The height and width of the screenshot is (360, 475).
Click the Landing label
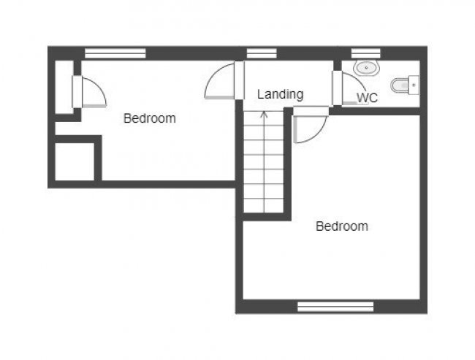pyautogui.click(x=280, y=94)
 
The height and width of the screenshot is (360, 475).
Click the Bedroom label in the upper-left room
pyautogui.click(x=149, y=118)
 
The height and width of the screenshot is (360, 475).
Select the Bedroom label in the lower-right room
pyautogui.click(x=341, y=226)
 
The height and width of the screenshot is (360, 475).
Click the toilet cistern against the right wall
pyautogui.click(x=414, y=85)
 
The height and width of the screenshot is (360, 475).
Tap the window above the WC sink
pyautogui.click(x=365, y=53)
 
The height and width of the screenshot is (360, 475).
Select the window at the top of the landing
pyautogui.click(x=261, y=53)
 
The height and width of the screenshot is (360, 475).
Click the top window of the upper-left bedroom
pyautogui.click(x=115, y=53)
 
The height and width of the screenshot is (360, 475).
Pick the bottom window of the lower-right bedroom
pyautogui.click(x=335, y=307)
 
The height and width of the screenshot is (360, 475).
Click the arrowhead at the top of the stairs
pyautogui.click(x=264, y=115)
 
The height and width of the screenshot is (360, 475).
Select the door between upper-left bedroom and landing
pyautogui.click(x=220, y=82)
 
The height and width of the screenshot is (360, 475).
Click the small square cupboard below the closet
pyautogui.click(x=75, y=161)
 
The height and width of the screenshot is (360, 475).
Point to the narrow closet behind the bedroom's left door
pyautogui.click(x=64, y=87)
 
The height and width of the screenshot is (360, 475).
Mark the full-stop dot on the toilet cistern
pyautogui.click(x=414, y=85)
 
